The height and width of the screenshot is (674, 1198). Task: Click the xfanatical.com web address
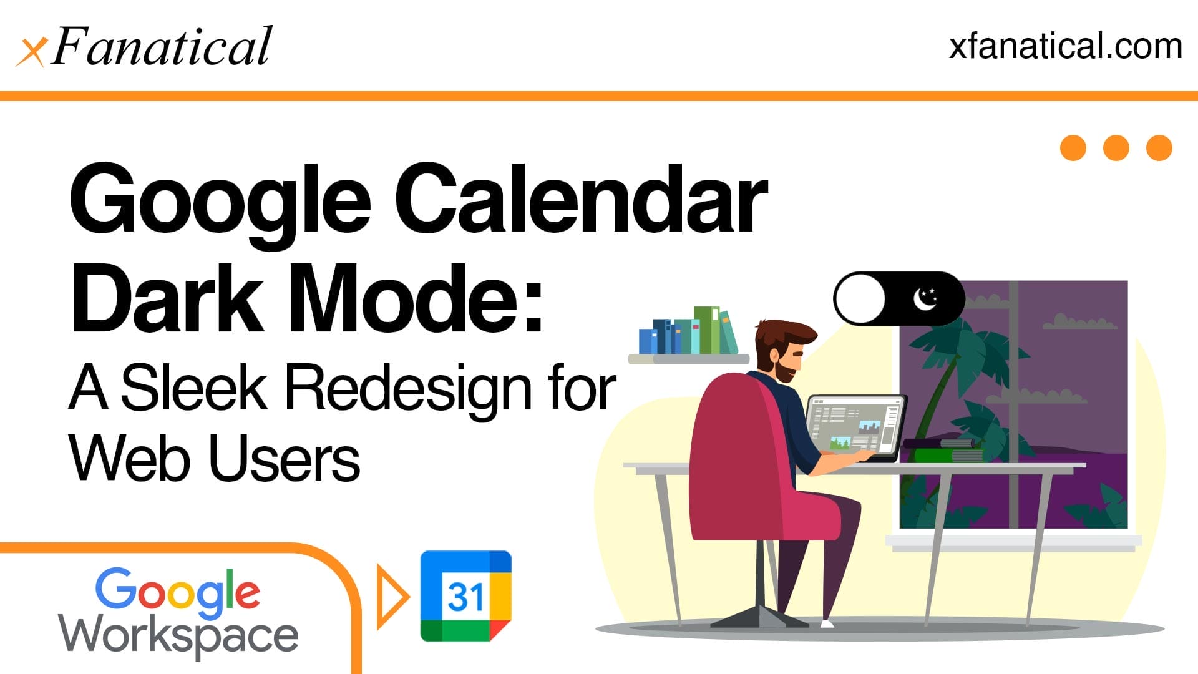point(1065,47)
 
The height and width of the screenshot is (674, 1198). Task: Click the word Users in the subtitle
point(284,459)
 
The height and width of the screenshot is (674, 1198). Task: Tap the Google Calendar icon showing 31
point(466,596)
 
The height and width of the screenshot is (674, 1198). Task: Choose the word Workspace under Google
point(178,635)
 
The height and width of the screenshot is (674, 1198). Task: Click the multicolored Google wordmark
point(178,590)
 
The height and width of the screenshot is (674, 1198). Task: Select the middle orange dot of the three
point(1116,148)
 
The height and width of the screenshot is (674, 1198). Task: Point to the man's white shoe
point(827,623)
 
